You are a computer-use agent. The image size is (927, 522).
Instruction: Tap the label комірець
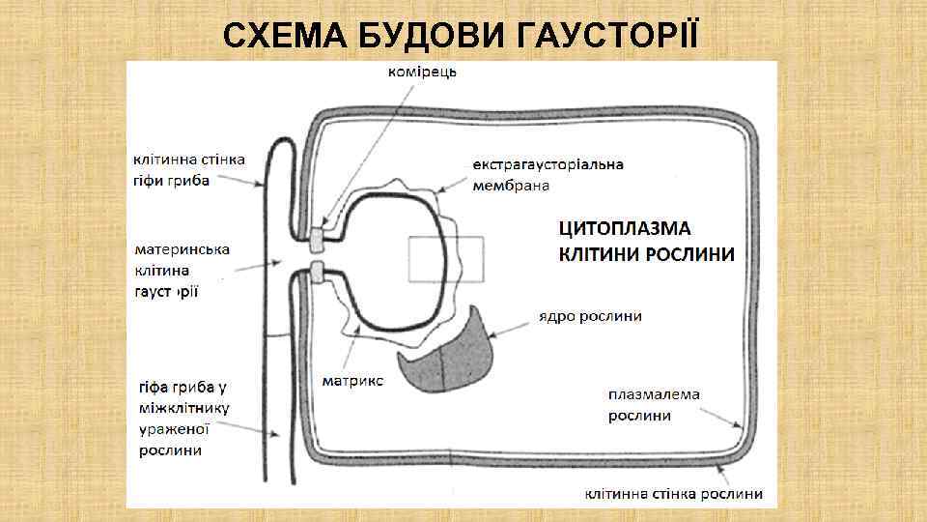(423, 71)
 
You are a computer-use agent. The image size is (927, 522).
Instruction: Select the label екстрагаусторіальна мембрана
(548, 174)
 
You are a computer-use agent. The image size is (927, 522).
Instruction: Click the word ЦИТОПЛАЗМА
(625, 229)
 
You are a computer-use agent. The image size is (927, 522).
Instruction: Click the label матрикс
(352, 381)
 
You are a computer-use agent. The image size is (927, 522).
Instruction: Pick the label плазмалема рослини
(654, 405)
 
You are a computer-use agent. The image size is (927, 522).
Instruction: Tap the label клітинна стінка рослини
(673, 494)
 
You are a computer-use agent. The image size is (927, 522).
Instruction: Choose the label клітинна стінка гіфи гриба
(188, 169)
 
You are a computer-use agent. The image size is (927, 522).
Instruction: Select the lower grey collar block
(317, 274)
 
